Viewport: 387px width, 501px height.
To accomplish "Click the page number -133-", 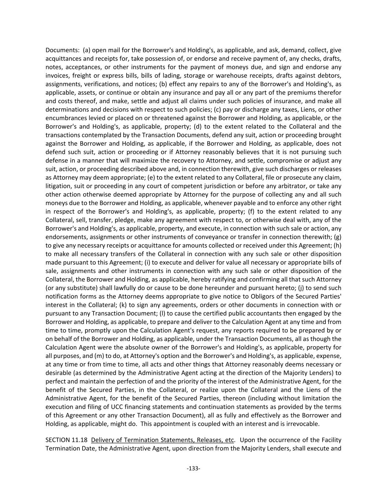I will coord(193,468).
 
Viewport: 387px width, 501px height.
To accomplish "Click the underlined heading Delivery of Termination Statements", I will coord(162,440).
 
